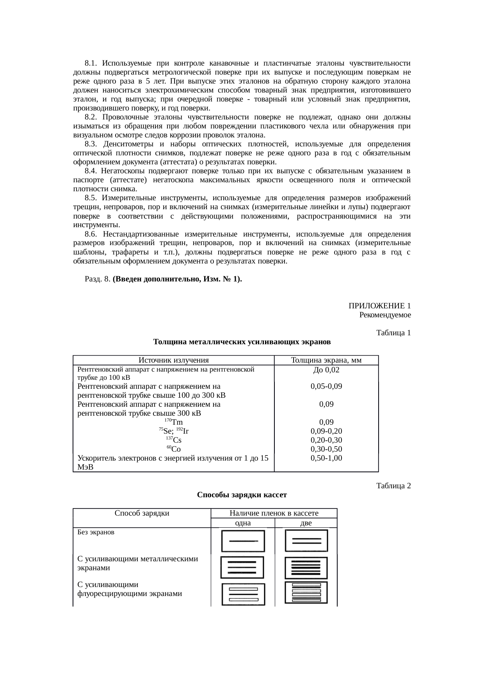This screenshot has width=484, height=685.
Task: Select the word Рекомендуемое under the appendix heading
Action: [x=385, y=315]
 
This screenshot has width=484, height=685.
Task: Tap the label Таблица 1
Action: [x=393, y=333]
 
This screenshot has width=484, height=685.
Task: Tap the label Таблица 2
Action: [x=393, y=486]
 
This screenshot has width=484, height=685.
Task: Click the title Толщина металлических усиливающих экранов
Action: [x=242, y=342]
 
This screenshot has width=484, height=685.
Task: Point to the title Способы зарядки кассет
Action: [x=242, y=495]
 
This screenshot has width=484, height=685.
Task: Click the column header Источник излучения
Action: [x=174, y=360]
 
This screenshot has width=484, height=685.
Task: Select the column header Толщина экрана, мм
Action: [x=326, y=360]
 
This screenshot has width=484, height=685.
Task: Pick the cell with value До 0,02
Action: [x=326, y=370]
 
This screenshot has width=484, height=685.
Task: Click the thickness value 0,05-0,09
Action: [x=326, y=386]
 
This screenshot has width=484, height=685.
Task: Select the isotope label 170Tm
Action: [x=174, y=422]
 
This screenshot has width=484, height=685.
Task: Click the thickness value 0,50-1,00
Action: [x=326, y=458]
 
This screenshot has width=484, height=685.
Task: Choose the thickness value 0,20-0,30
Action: [x=326, y=440]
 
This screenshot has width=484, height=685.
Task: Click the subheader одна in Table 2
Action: [x=243, y=523]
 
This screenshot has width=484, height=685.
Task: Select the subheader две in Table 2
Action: [x=306, y=523]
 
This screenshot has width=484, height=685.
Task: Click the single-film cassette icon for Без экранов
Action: [x=243, y=541]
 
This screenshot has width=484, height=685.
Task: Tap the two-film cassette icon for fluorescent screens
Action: [x=306, y=593]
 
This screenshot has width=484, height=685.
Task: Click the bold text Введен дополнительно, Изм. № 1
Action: [x=177, y=279]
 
